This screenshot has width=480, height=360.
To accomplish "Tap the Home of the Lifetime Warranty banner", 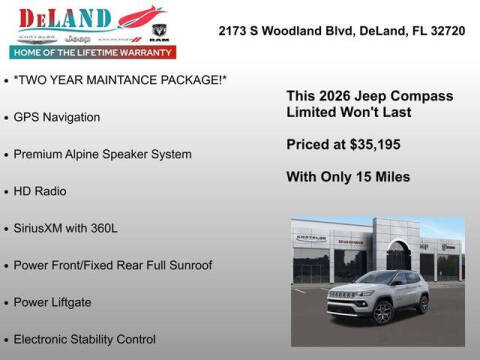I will click(x=91, y=51).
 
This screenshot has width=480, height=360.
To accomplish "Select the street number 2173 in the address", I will click(x=235, y=30).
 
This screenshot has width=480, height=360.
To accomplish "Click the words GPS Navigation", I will click(x=57, y=117).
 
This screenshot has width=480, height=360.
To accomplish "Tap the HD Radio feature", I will click(x=40, y=191).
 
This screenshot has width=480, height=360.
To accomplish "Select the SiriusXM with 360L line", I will click(x=65, y=228).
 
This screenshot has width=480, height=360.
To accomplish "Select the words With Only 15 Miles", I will click(x=347, y=177).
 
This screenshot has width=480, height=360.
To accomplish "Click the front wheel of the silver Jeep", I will click(x=381, y=312).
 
